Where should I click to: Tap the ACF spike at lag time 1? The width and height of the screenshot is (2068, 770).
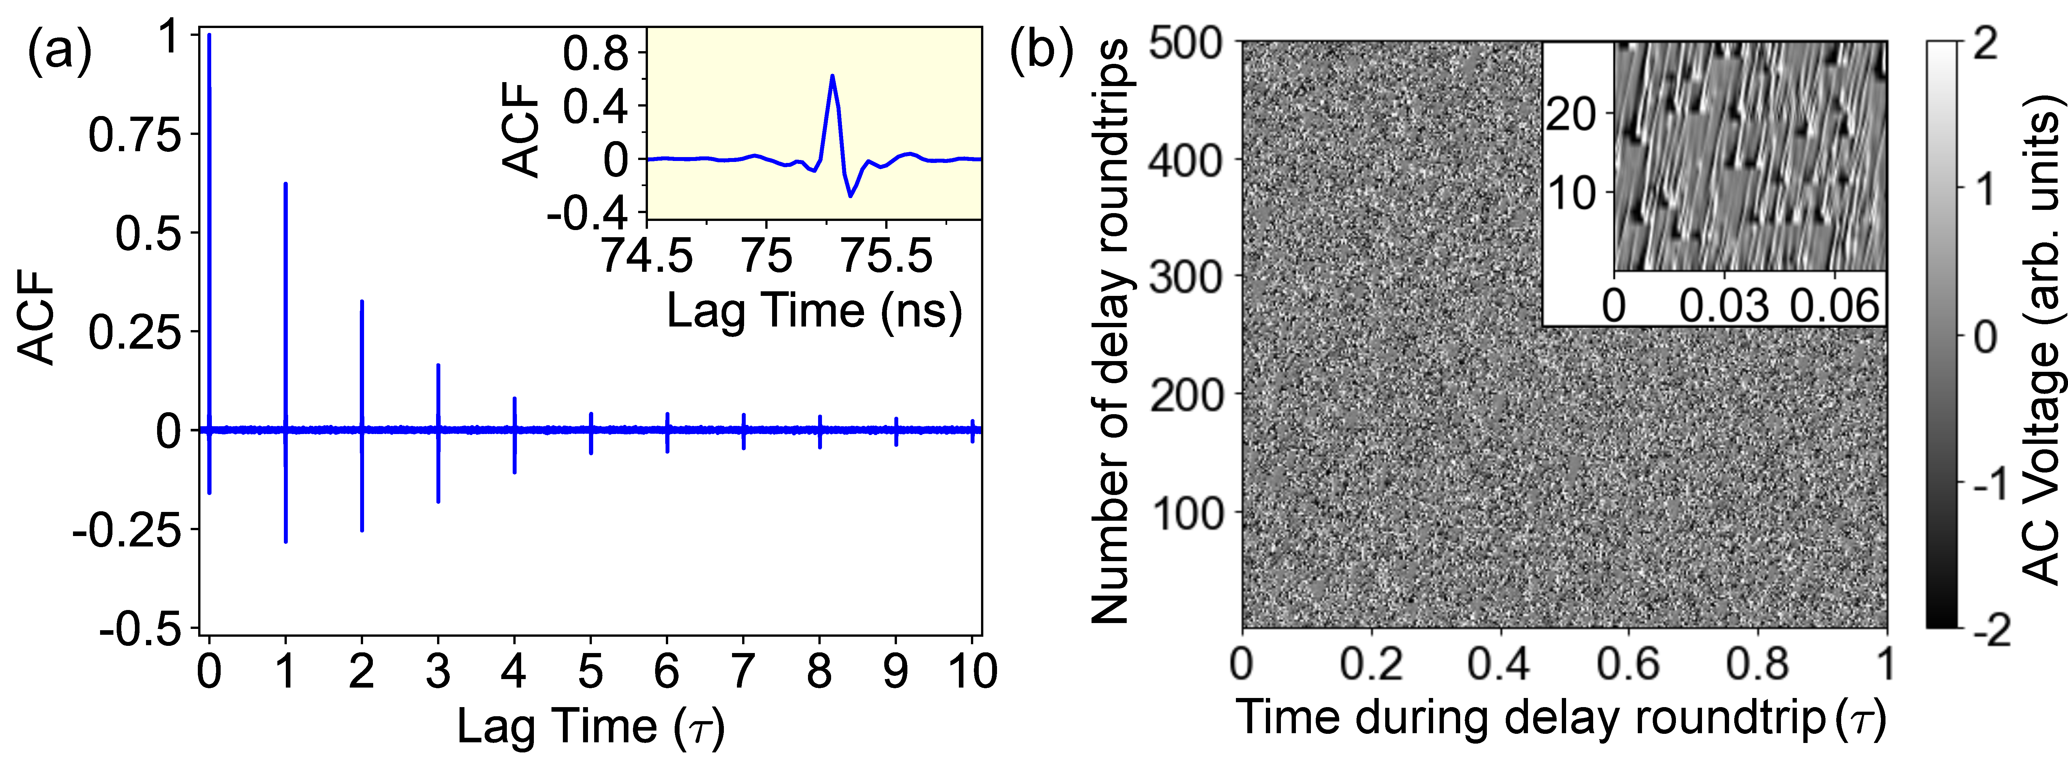point(286,321)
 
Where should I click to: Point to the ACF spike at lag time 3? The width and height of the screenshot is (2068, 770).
point(438,401)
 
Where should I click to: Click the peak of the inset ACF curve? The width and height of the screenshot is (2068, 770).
point(832,76)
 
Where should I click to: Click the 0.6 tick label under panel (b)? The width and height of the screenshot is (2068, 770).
point(1628,665)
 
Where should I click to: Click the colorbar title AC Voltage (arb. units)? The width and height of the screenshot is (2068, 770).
point(2039,337)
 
